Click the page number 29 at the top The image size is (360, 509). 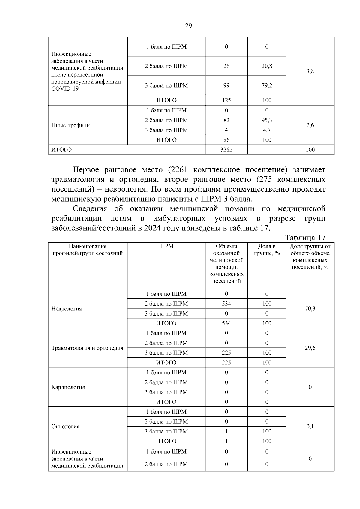click(x=188, y=26)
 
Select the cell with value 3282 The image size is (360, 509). click(x=226, y=150)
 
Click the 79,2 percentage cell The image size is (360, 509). click(x=267, y=85)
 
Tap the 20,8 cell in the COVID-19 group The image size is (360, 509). click(x=267, y=66)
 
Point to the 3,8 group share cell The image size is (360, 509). click(x=310, y=71)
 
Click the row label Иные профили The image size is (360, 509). click(x=71, y=125)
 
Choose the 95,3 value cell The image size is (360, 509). click(x=267, y=120)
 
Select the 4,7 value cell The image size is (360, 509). click(x=267, y=130)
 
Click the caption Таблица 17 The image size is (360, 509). click(x=305, y=238)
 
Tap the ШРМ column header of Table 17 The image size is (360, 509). click(x=166, y=247)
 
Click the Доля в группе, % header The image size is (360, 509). click(x=267, y=250)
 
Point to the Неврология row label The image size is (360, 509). click(x=67, y=309)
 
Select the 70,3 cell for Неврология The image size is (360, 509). click(x=310, y=309)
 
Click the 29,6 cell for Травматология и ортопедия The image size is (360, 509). click(x=310, y=348)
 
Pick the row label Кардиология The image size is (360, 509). click(x=68, y=387)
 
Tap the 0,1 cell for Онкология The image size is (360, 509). click(x=310, y=427)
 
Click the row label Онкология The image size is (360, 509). click(x=65, y=427)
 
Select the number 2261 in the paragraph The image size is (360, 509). click(x=178, y=170)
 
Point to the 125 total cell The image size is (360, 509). click(x=226, y=100)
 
